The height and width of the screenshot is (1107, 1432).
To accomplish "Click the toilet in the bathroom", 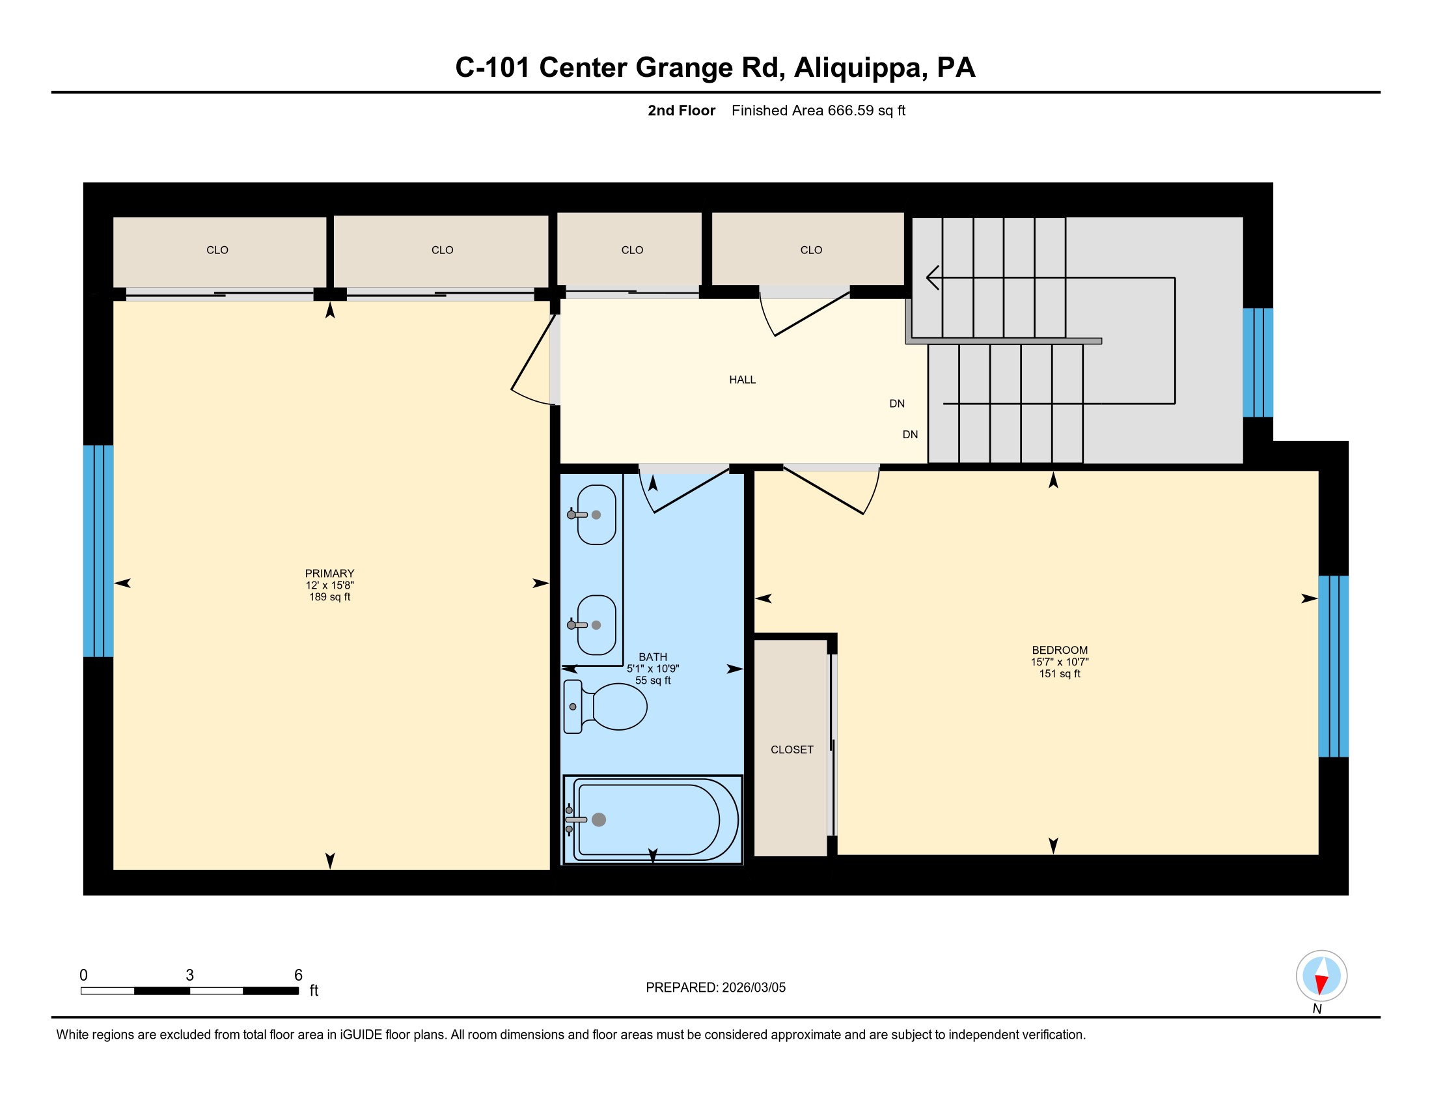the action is pyautogui.click(x=605, y=707).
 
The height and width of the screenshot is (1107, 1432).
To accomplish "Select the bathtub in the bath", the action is pyautogui.click(x=652, y=820).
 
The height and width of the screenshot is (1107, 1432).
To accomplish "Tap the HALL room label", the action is pyautogui.click(x=742, y=380).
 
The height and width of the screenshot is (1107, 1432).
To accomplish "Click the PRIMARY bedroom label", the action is pyautogui.click(x=329, y=573).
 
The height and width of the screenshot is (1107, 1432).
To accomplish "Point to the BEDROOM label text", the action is pyautogui.click(x=1060, y=650).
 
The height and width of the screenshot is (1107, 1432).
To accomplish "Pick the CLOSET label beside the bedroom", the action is pyautogui.click(x=792, y=750).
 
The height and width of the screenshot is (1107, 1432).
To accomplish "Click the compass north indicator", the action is pyautogui.click(x=1321, y=976).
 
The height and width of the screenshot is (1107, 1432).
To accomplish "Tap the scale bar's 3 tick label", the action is pyautogui.click(x=189, y=975).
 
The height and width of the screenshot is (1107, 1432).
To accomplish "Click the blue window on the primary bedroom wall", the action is pyautogui.click(x=98, y=551).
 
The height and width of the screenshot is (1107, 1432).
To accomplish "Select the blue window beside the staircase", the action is pyautogui.click(x=1258, y=363).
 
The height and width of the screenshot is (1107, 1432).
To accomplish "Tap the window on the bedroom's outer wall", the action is pyautogui.click(x=1333, y=666).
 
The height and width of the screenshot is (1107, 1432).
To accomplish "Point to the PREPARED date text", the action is pyautogui.click(x=715, y=988).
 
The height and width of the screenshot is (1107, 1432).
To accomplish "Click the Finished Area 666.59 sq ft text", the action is pyautogui.click(x=818, y=111).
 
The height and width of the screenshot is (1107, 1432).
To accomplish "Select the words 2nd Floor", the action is pyautogui.click(x=682, y=111).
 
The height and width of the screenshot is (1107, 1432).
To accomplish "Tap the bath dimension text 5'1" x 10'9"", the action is pyautogui.click(x=653, y=669).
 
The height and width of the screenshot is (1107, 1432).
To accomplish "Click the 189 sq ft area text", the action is pyautogui.click(x=330, y=596).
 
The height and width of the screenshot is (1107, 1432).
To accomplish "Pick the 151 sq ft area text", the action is pyautogui.click(x=1060, y=673).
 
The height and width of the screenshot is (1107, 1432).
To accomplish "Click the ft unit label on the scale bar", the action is pyautogui.click(x=314, y=990).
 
